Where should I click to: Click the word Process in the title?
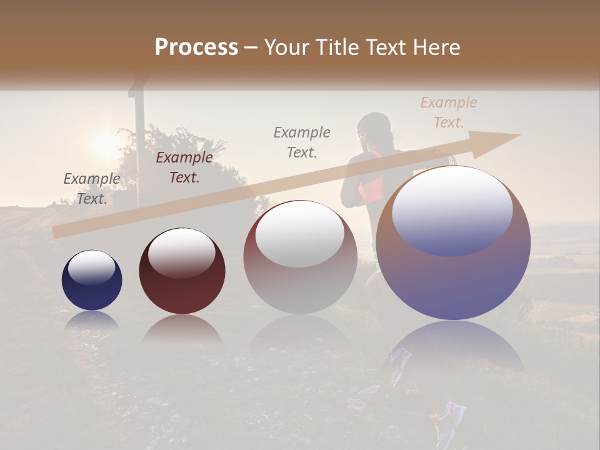click(x=196, y=47)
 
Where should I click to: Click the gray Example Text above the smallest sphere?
click(x=92, y=188)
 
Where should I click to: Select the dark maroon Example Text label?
click(x=184, y=167)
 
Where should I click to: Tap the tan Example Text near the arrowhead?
click(x=448, y=112)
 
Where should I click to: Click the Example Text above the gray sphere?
click(x=302, y=142)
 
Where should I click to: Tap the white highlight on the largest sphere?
click(x=452, y=201)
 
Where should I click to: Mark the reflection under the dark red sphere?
click(x=182, y=327)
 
